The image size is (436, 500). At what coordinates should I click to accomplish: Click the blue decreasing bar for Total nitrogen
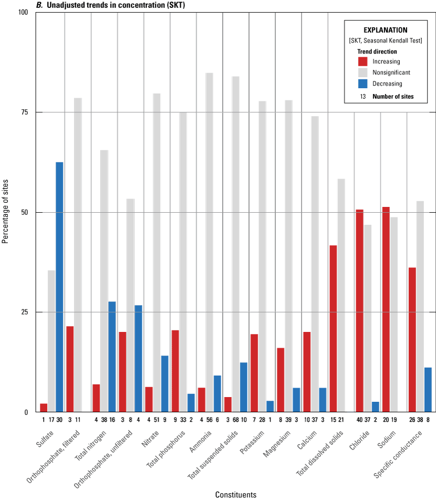point(112,357)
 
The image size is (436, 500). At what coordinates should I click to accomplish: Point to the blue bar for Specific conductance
point(428,390)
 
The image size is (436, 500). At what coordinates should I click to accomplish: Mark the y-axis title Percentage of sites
point(6,212)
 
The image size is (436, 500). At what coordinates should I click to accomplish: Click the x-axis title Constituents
point(235,495)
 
